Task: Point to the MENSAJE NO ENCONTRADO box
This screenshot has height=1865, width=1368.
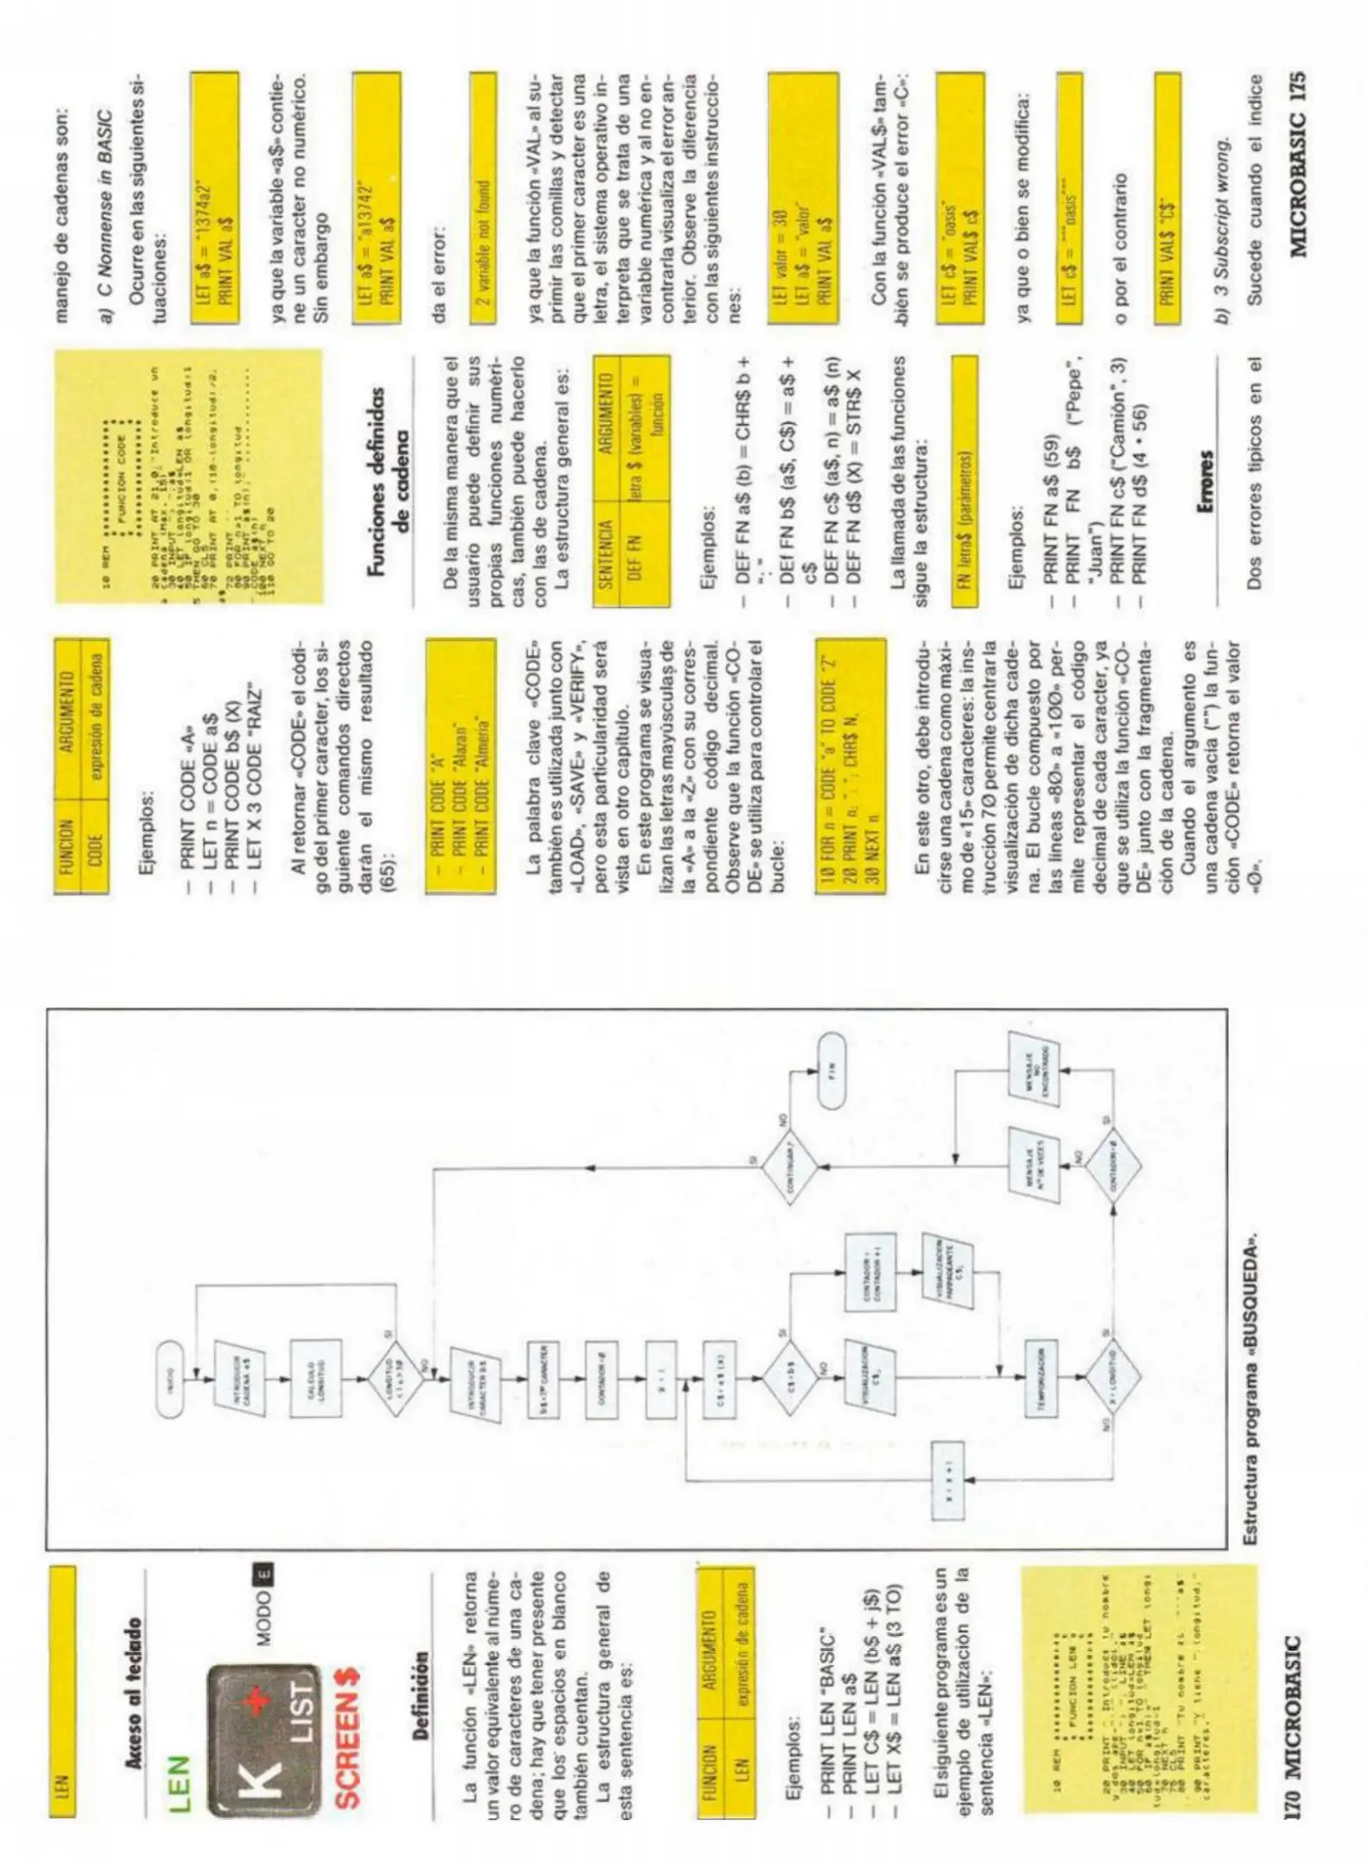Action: (x=1034, y=1072)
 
